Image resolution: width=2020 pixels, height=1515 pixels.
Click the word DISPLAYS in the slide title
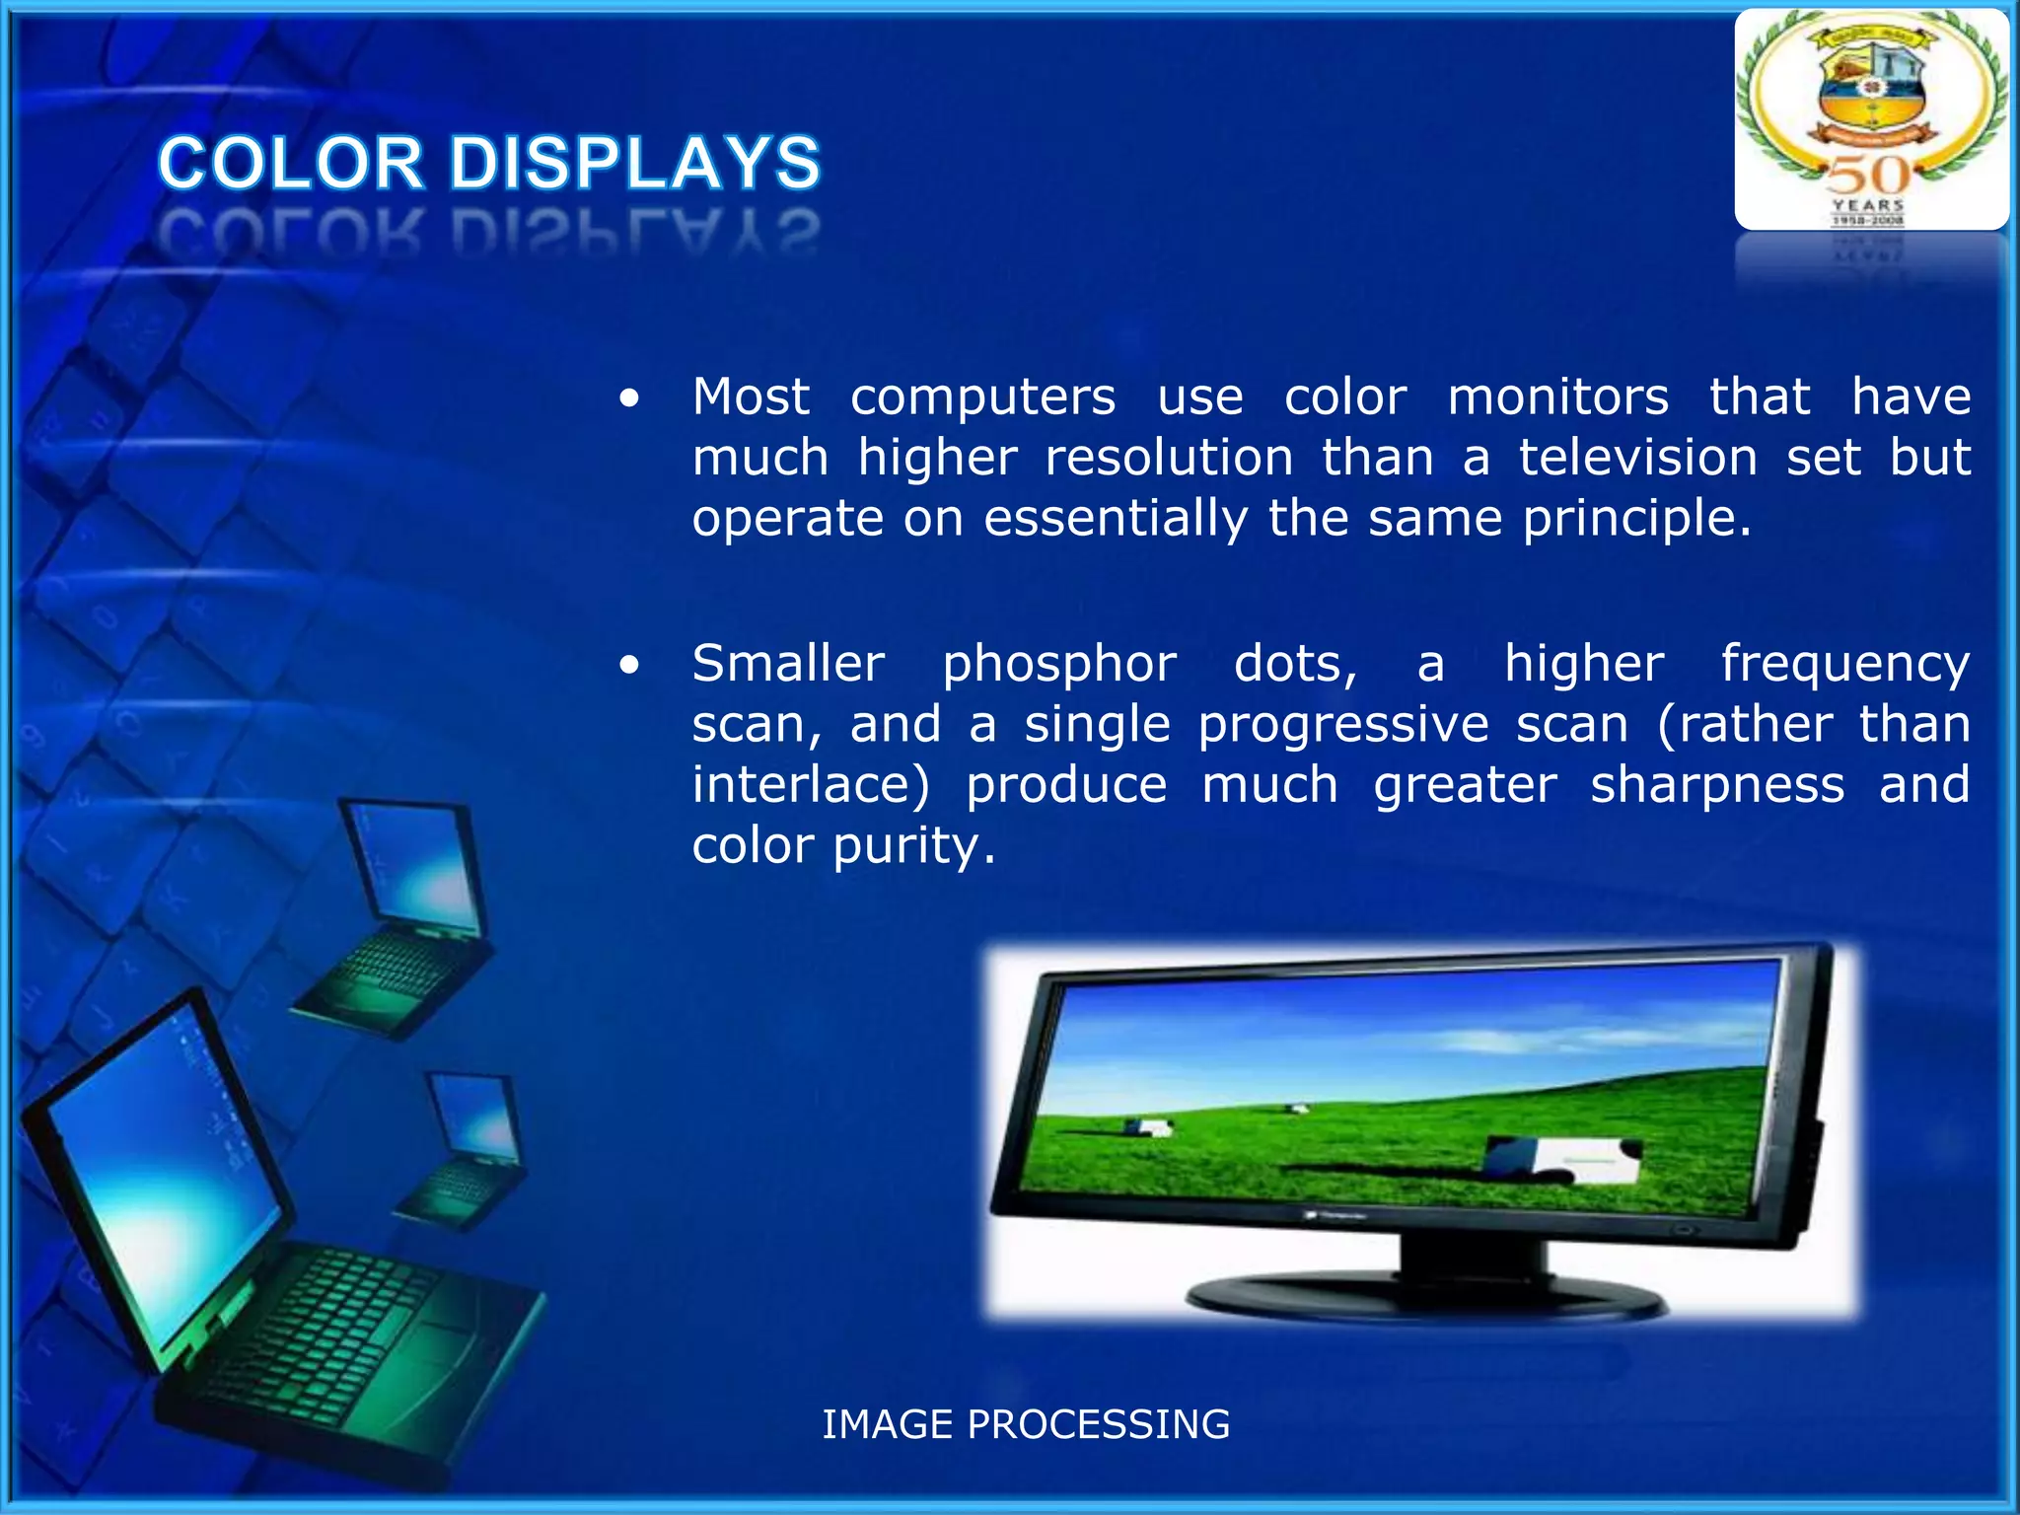click(x=635, y=163)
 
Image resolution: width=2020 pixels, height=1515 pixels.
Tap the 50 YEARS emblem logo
click(x=1870, y=119)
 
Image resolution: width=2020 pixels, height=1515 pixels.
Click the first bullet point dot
click(x=629, y=399)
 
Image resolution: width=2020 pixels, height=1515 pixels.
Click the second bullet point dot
click(x=629, y=666)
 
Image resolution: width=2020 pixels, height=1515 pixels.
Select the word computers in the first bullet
click(x=982, y=398)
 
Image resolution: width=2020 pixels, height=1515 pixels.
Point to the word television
click(x=1637, y=459)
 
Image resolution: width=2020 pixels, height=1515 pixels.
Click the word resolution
click(x=1169, y=459)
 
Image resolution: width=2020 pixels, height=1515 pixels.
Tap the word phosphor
click(x=1058, y=665)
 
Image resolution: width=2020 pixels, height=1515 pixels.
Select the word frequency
click(x=1844, y=665)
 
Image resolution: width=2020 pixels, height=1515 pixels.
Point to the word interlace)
click(x=810, y=786)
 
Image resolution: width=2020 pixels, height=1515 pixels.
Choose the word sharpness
click(x=1717, y=786)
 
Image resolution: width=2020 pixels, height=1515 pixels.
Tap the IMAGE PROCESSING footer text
click(x=1026, y=1424)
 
